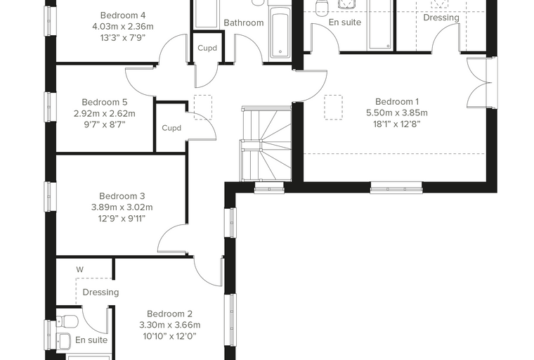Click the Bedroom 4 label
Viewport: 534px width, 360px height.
123,15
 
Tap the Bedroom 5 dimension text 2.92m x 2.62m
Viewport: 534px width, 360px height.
105,113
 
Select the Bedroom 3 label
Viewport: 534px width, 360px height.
122,196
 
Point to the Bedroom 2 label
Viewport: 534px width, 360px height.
169,314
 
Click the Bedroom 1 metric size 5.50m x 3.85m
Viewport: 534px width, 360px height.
397,112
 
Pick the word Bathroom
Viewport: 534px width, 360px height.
244,22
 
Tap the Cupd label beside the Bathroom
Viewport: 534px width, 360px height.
207,48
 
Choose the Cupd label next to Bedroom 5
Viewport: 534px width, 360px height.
171,128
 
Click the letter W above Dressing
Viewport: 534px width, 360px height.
79,270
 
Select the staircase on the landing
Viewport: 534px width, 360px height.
266,144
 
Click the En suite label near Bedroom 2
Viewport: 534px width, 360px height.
91,340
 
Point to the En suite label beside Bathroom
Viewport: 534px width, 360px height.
345,22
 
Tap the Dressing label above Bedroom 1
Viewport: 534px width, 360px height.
441,18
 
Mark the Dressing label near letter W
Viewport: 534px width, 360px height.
100,292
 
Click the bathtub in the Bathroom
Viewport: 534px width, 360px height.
280,32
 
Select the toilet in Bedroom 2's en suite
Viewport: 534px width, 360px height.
67,321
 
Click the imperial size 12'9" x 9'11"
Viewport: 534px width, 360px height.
122,219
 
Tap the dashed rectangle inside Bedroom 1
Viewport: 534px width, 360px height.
334,107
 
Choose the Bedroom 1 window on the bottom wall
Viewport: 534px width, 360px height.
396,188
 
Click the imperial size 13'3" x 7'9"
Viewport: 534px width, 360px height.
123,38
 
